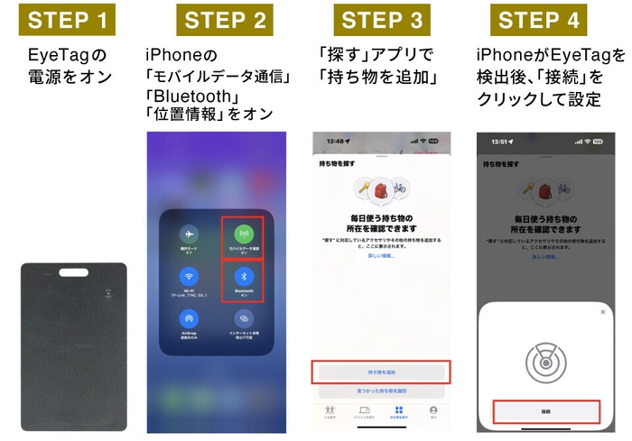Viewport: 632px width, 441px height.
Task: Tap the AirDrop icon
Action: coord(190,318)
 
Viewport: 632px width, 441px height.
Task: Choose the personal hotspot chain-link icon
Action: coord(241,318)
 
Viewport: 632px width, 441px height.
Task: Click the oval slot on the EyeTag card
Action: coord(73,273)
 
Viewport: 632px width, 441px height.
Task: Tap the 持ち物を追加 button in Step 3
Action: coord(381,372)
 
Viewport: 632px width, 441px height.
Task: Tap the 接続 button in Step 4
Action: coord(546,411)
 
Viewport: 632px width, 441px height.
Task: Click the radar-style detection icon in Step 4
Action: coord(546,361)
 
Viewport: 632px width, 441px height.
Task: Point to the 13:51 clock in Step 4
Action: coord(490,142)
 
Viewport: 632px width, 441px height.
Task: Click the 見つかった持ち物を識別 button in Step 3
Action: coord(381,392)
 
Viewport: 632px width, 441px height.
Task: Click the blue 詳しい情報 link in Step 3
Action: coord(381,257)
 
